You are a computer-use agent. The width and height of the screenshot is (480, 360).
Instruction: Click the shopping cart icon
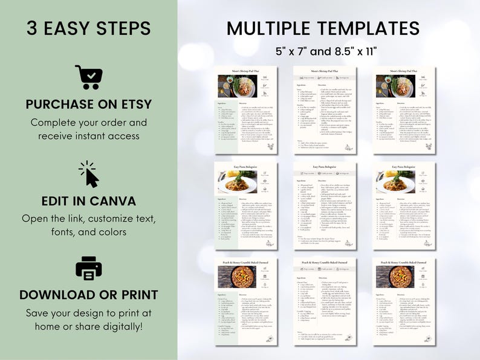88,77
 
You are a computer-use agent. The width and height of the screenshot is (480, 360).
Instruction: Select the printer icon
88,268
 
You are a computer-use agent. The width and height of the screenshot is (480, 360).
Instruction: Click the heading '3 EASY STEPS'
88,28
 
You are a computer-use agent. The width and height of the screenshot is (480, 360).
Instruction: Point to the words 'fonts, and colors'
88,232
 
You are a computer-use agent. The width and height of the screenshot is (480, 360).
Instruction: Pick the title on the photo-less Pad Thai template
325,71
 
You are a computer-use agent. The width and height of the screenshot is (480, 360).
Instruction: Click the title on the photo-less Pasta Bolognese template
325,166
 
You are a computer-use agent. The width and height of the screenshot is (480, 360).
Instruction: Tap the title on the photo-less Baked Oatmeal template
325,262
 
